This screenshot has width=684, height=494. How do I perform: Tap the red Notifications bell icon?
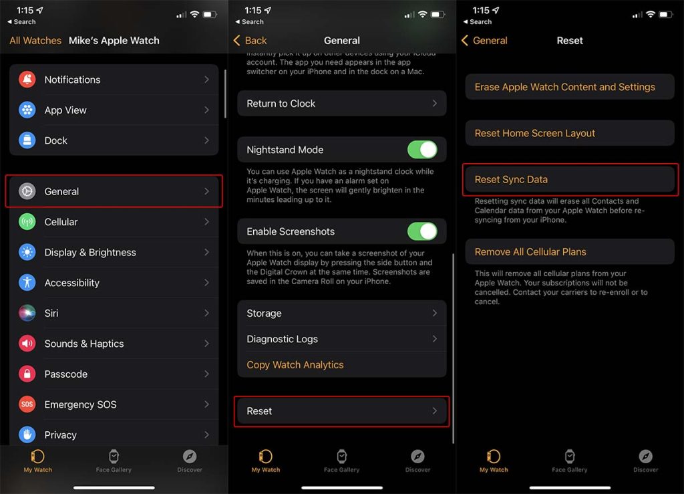click(27, 80)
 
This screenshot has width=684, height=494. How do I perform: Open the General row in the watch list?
click(114, 191)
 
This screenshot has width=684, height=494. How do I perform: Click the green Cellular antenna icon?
click(27, 222)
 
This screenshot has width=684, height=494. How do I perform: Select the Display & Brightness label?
click(90, 252)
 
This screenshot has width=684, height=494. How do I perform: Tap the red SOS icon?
click(27, 404)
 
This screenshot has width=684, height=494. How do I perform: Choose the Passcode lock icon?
click(27, 374)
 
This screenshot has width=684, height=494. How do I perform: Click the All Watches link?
click(35, 41)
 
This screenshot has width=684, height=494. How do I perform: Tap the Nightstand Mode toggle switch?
click(422, 150)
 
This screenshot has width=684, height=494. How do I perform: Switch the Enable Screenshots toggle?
click(422, 231)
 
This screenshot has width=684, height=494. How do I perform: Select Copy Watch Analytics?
click(295, 365)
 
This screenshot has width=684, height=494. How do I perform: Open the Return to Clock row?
click(341, 104)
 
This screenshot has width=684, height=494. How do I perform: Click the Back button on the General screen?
click(250, 41)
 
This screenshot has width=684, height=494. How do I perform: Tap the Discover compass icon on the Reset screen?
click(646, 457)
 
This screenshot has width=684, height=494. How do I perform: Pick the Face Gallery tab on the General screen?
click(341, 461)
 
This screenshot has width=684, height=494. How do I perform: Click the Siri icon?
click(27, 313)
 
